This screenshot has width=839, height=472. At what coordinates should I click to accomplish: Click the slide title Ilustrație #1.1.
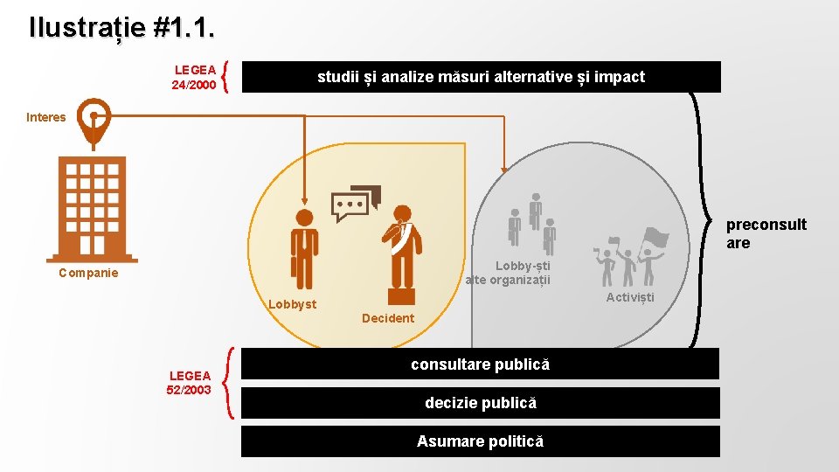coord(121,28)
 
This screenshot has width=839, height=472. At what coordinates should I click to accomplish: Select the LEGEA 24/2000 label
coord(194,77)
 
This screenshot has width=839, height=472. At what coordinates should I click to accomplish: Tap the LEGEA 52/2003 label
coord(189,382)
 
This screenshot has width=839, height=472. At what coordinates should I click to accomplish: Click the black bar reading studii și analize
coord(481,77)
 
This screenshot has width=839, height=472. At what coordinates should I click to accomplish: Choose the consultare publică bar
coord(480,364)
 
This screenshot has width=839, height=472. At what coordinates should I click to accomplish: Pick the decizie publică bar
coord(480,403)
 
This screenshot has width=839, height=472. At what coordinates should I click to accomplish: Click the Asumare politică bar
coord(480,441)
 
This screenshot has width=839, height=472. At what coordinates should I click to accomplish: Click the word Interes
coord(45,117)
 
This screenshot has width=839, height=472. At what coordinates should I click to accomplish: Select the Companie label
coord(87,273)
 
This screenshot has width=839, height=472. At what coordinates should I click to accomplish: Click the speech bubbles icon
coord(357,203)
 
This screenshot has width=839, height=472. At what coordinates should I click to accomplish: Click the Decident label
coord(388,318)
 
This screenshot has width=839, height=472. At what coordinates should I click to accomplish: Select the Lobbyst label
coord(292,304)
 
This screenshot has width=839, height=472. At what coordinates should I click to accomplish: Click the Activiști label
coord(630,297)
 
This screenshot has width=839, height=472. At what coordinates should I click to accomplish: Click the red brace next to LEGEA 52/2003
coord(229,382)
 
